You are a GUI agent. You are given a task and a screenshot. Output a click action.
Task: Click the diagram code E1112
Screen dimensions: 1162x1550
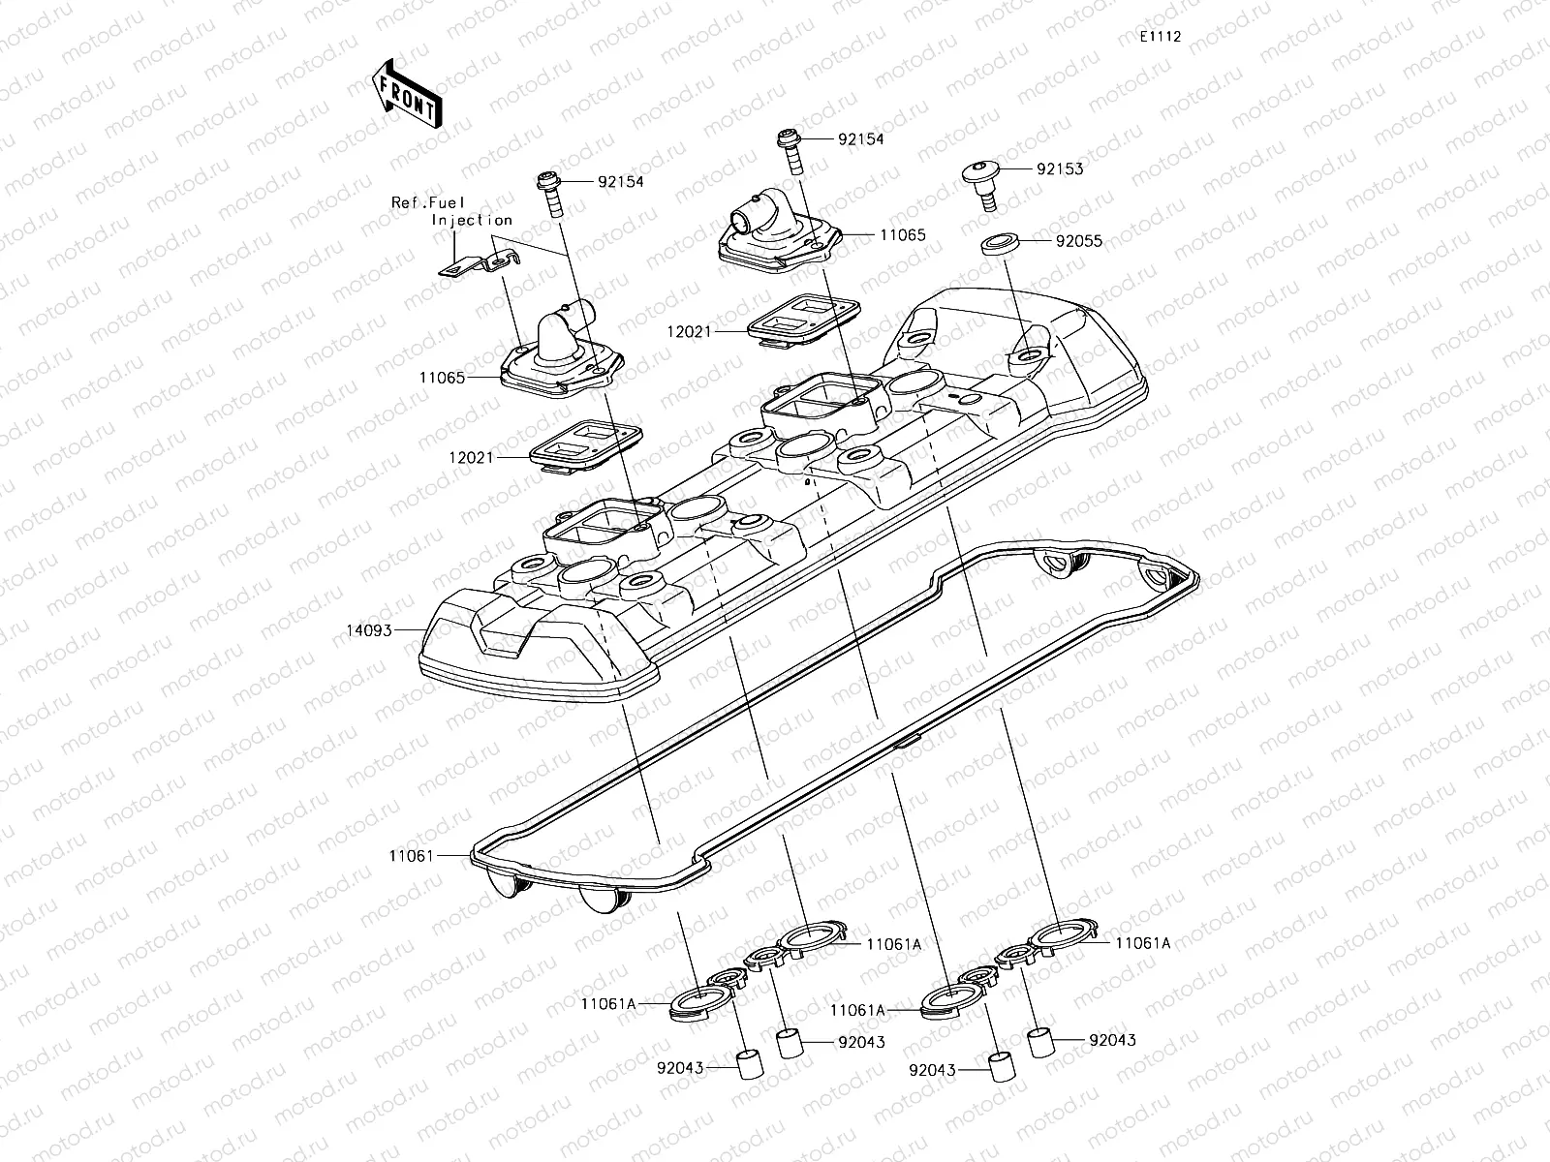pos(1160,36)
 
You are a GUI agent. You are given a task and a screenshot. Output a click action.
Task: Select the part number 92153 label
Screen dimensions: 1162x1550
pos(1060,168)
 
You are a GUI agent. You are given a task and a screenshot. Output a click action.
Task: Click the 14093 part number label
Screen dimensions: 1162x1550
pos(368,630)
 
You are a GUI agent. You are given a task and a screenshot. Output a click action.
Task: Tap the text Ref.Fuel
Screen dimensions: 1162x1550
pos(428,202)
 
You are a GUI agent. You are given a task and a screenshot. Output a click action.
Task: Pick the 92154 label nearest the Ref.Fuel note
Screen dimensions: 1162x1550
pos(620,181)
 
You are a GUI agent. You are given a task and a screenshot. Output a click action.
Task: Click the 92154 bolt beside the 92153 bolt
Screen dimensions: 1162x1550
pos(789,150)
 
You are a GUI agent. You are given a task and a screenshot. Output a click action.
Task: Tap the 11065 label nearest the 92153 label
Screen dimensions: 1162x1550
pos(902,235)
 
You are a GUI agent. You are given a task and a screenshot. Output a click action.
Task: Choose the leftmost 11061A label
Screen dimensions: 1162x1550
pos(608,1004)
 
